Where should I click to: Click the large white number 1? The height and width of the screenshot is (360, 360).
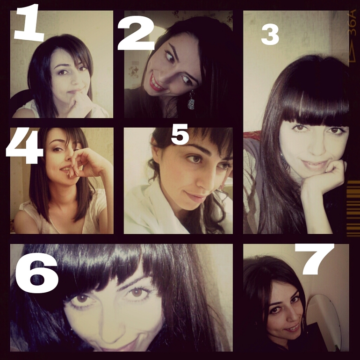29,23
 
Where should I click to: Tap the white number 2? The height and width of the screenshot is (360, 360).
136,33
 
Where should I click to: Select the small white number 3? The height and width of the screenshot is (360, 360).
270,35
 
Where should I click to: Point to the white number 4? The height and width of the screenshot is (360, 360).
25,145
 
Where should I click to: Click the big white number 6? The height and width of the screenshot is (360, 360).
37,273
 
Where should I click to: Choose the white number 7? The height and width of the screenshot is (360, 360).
315,259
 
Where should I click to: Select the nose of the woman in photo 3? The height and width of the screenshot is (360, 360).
318,144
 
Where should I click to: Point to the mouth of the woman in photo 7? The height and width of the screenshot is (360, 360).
292,329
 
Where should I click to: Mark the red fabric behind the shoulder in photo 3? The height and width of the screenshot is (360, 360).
252,136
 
